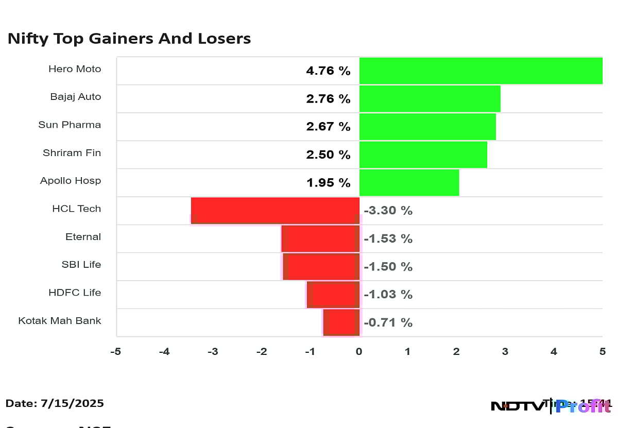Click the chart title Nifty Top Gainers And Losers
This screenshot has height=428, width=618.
point(129,39)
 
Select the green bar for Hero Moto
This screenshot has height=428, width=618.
point(480,71)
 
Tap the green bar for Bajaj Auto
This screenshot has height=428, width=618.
point(430,99)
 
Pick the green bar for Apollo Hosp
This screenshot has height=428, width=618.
point(409,183)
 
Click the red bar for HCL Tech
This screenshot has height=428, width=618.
point(275,210)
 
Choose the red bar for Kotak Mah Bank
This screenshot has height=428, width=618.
point(341,322)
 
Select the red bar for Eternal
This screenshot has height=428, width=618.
point(320,238)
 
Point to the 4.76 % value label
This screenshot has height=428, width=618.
point(328,71)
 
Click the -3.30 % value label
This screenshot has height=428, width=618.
point(388,211)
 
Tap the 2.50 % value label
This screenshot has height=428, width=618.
point(328,155)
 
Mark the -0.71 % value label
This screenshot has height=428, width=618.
point(388,323)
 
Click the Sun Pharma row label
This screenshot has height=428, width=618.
point(70,125)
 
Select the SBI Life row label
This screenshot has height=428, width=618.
point(81,265)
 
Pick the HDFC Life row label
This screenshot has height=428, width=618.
point(75,293)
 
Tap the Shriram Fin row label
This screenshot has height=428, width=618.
point(72,153)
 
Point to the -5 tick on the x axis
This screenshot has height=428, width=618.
point(116,352)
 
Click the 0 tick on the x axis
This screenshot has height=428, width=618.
point(359,352)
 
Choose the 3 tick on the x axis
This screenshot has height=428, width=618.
point(505,352)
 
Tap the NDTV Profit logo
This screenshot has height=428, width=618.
point(551,406)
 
